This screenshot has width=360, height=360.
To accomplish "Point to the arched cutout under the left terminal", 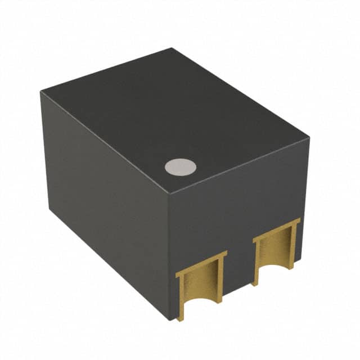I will pos(201,307).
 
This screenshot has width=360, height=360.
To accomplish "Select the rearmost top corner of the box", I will pos(172,49).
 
